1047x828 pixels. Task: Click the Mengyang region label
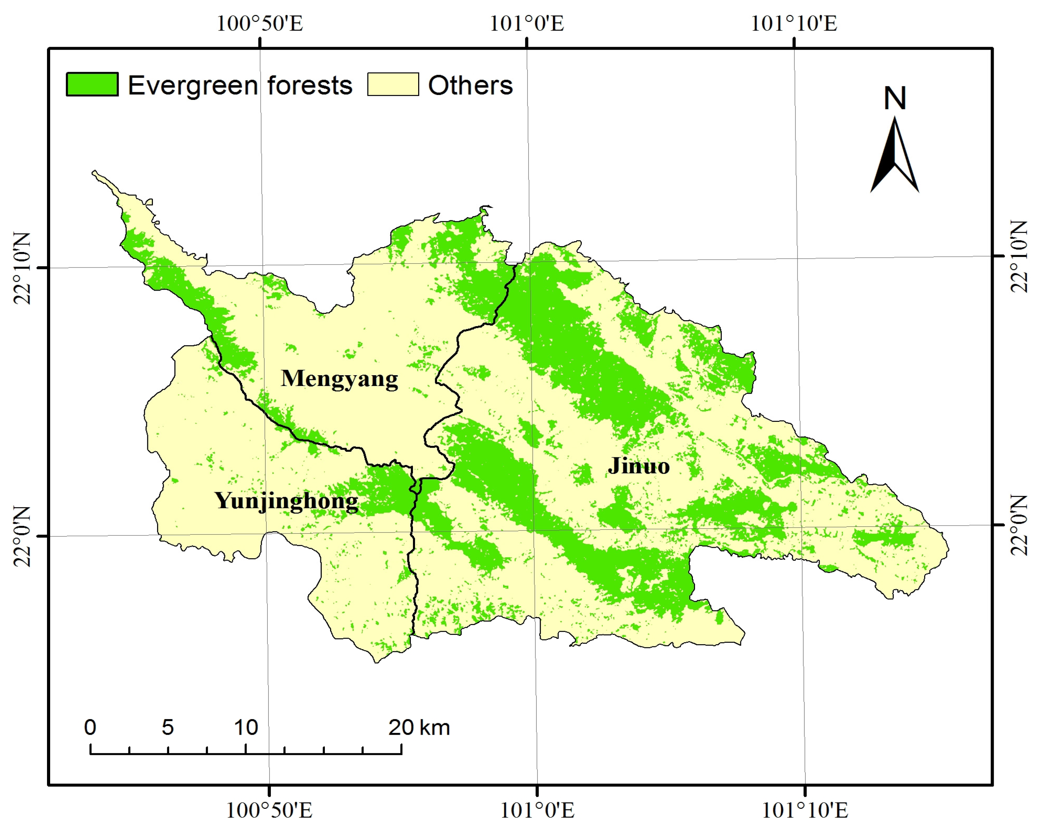[339, 379]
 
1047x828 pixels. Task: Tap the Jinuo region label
[638, 466]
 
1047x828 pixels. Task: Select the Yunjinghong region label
[287, 501]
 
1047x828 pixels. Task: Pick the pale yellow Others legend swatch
[393, 84]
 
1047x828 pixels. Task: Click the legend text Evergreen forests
[240, 85]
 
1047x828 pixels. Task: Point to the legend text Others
[470, 85]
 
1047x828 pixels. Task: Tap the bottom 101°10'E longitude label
[805, 810]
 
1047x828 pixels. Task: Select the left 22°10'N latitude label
[22, 268]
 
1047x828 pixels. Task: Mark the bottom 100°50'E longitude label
[269, 810]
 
